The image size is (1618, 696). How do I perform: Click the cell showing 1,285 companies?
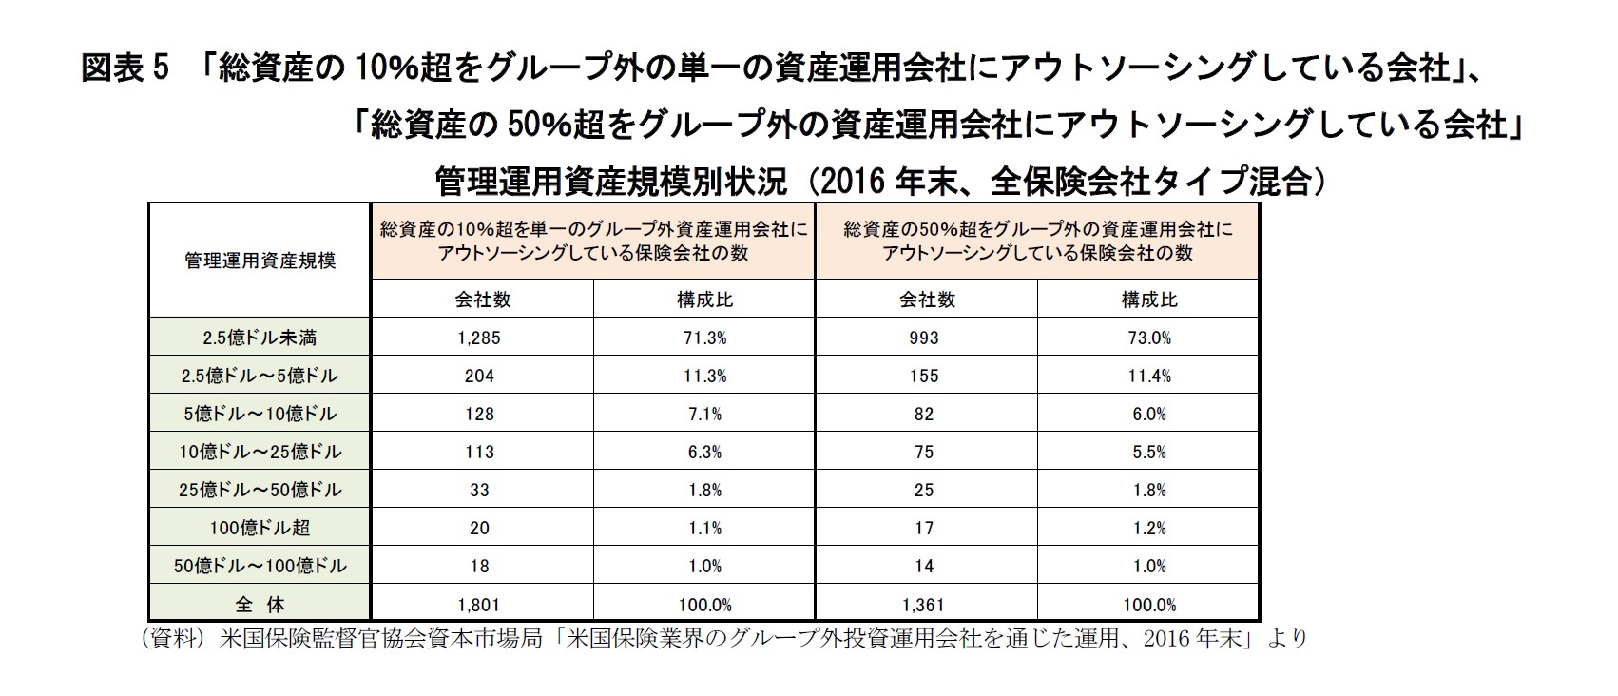[x=479, y=338]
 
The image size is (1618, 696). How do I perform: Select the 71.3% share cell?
[x=704, y=338]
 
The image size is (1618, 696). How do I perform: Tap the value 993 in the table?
[x=924, y=338]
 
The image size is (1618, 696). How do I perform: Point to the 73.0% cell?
[x=1148, y=338]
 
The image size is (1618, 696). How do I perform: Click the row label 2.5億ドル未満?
[x=260, y=338]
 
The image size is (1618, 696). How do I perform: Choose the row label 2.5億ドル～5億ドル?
[x=260, y=376]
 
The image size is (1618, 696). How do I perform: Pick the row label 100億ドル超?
[x=260, y=528]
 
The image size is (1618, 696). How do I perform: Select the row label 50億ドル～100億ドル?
[x=260, y=566]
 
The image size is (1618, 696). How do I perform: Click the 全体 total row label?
[x=260, y=604]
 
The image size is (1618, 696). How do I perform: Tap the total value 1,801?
[x=479, y=604]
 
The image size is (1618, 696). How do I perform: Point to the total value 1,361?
[x=924, y=604]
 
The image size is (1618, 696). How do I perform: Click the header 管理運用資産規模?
[x=260, y=261]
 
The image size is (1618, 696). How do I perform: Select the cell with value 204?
[x=479, y=376]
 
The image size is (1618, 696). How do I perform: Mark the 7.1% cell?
[x=704, y=414]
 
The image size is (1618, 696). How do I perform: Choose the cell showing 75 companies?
[x=924, y=452]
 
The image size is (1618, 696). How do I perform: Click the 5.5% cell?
[x=1148, y=452]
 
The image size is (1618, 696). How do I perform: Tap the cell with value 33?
[x=479, y=490]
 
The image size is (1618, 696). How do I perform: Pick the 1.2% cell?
[x=1148, y=528]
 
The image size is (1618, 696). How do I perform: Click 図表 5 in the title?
[x=125, y=68]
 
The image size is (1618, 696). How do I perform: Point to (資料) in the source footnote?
[x=174, y=638]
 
